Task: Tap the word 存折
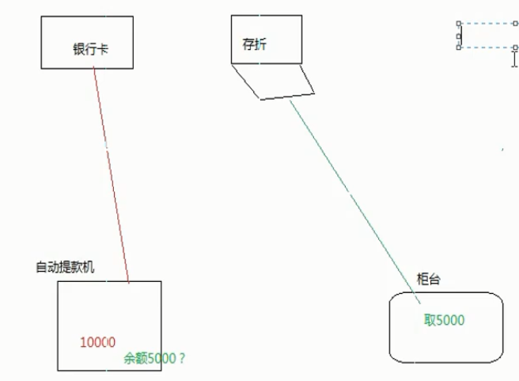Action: click(x=254, y=45)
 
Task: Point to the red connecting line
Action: click(x=111, y=174)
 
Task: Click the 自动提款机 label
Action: click(x=65, y=267)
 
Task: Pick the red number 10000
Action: click(x=98, y=342)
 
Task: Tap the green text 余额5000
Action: click(x=150, y=358)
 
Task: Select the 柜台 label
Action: click(x=428, y=279)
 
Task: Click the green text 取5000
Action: click(x=444, y=321)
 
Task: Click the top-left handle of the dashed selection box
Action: click(x=459, y=24)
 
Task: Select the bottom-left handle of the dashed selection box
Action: click(x=459, y=48)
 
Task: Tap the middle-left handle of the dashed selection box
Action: click(x=459, y=36)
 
